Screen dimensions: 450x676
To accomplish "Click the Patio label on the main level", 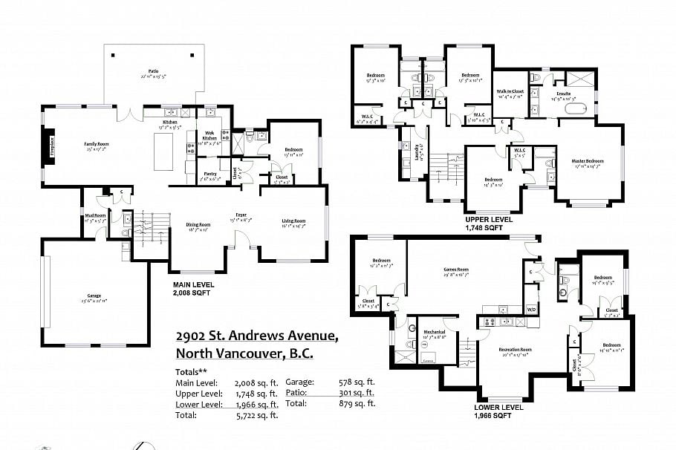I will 153,71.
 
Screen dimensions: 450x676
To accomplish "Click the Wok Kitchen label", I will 209,135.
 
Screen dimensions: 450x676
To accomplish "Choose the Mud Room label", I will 96,215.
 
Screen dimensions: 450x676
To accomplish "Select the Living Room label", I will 293,221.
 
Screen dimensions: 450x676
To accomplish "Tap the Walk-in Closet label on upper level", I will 510,91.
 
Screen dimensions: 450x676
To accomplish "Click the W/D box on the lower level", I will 531,308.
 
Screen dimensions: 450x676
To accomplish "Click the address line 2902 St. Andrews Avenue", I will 257,336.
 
